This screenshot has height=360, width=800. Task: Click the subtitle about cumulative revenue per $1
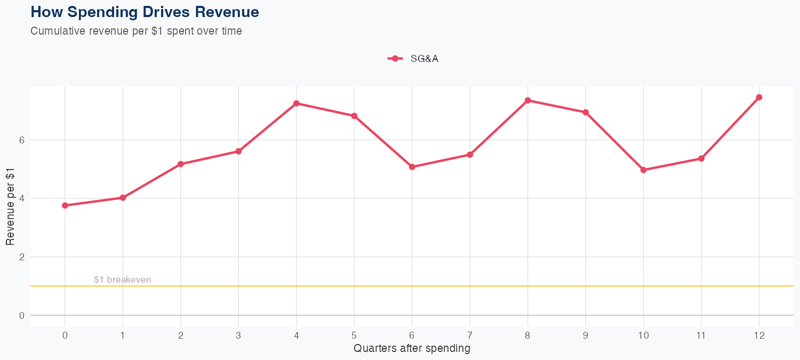(x=136, y=31)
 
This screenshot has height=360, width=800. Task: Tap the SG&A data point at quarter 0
(x=65, y=205)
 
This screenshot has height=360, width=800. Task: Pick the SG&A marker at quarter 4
(x=296, y=103)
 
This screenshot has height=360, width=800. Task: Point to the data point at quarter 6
(x=412, y=167)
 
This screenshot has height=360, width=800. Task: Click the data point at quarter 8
(x=527, y=100)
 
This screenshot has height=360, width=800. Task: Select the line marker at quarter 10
(x=643, y=170)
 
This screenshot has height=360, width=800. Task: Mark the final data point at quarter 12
(x=759, y=97)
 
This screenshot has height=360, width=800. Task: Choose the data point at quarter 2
(x=181, y=164)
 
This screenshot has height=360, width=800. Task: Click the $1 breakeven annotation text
(x=122, y=279)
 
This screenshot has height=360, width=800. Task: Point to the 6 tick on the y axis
(x=22, y=140)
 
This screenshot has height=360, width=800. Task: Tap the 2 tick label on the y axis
(x=22, y=257)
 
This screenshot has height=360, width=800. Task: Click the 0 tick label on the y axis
(x=22, y=316)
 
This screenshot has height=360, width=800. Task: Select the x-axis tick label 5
(x=354, y=335)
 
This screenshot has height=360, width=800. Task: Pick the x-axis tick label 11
(x=701, y=335)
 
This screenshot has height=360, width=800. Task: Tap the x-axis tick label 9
(x=586, y=335)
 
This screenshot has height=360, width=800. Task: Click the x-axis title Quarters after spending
(x=412, y=349)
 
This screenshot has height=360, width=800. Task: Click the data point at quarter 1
(x=123, y=198)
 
